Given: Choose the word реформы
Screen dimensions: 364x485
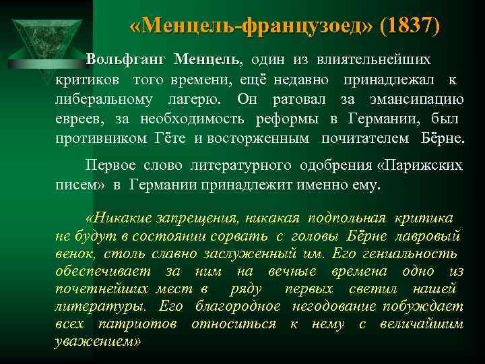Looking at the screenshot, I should point(289,119).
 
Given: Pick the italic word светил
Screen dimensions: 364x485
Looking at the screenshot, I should point(370,289).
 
